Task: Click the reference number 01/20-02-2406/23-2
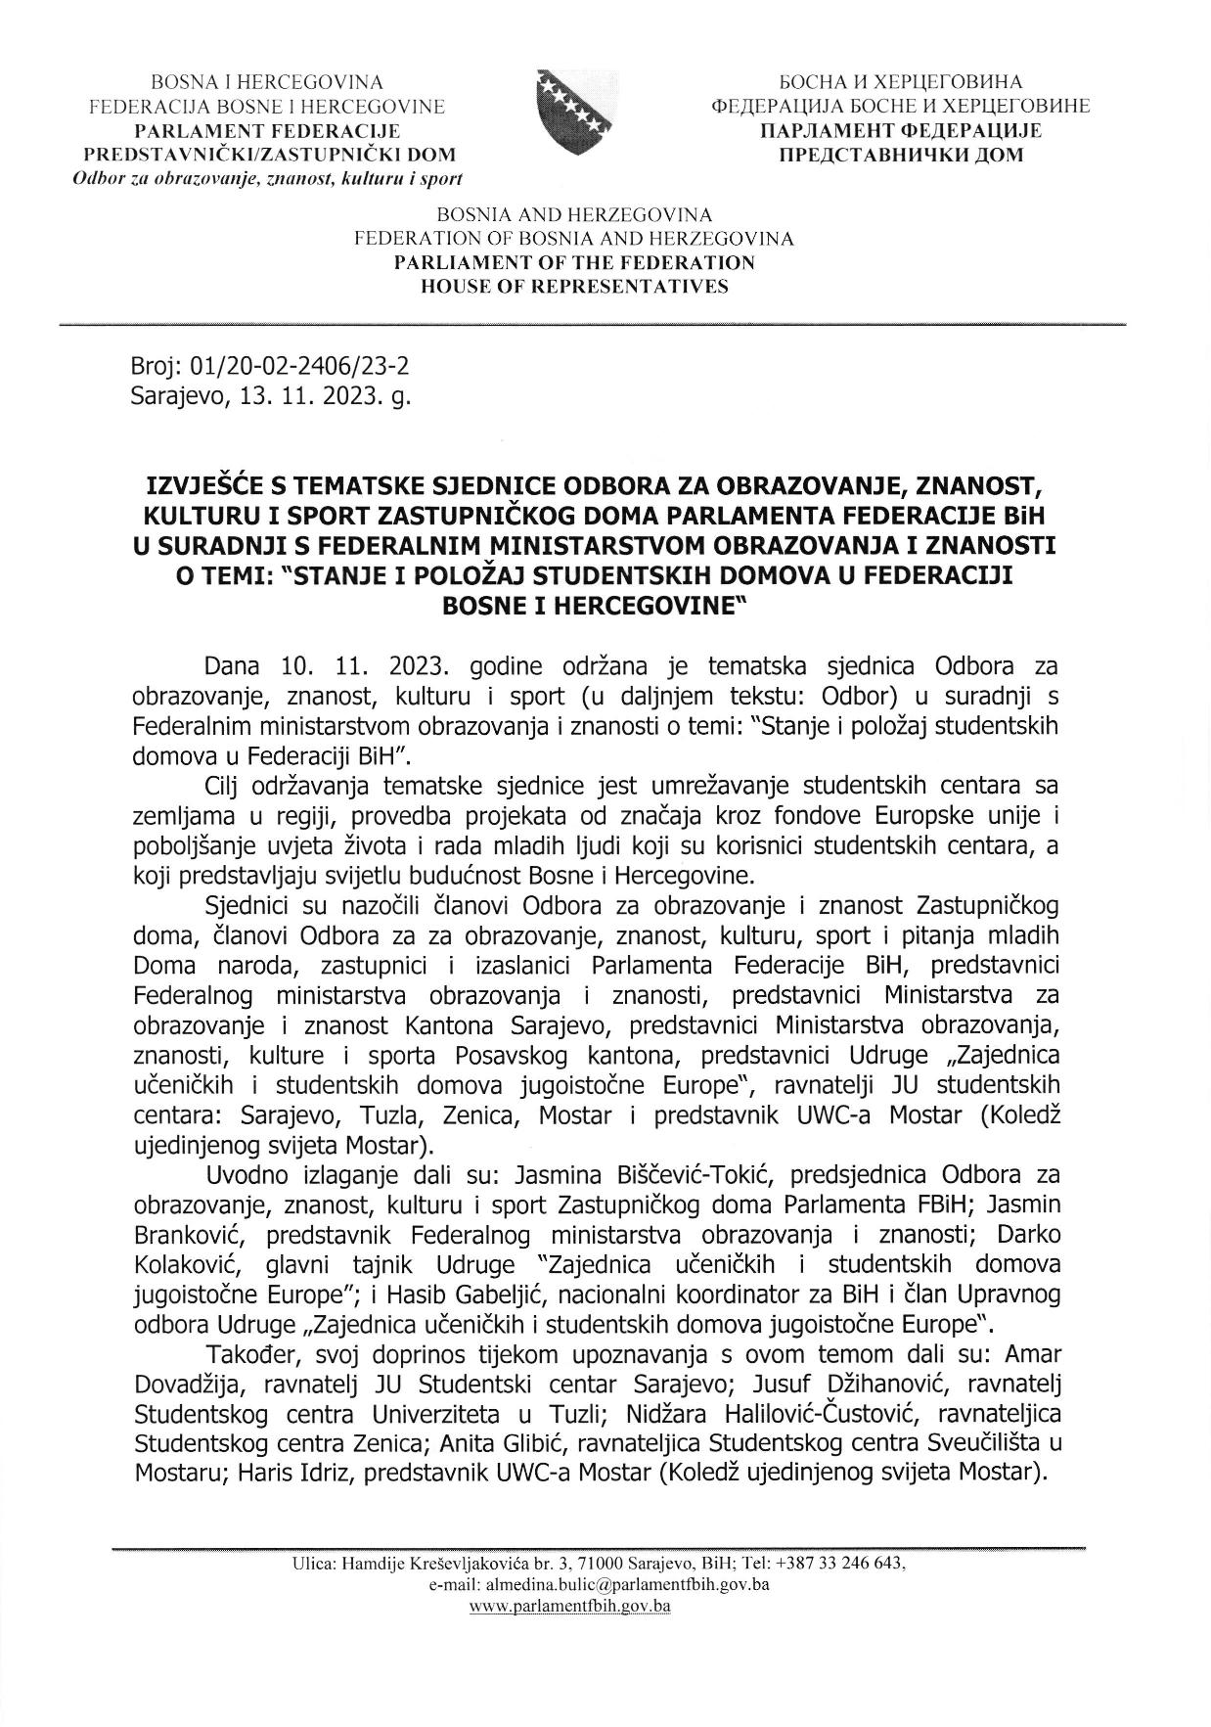[x=297, y=367]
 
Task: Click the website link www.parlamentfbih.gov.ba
[x=569, y=1606]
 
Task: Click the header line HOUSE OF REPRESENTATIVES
[x=574, y=287]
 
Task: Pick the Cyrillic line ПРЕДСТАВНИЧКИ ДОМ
[x=900, y=155]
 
